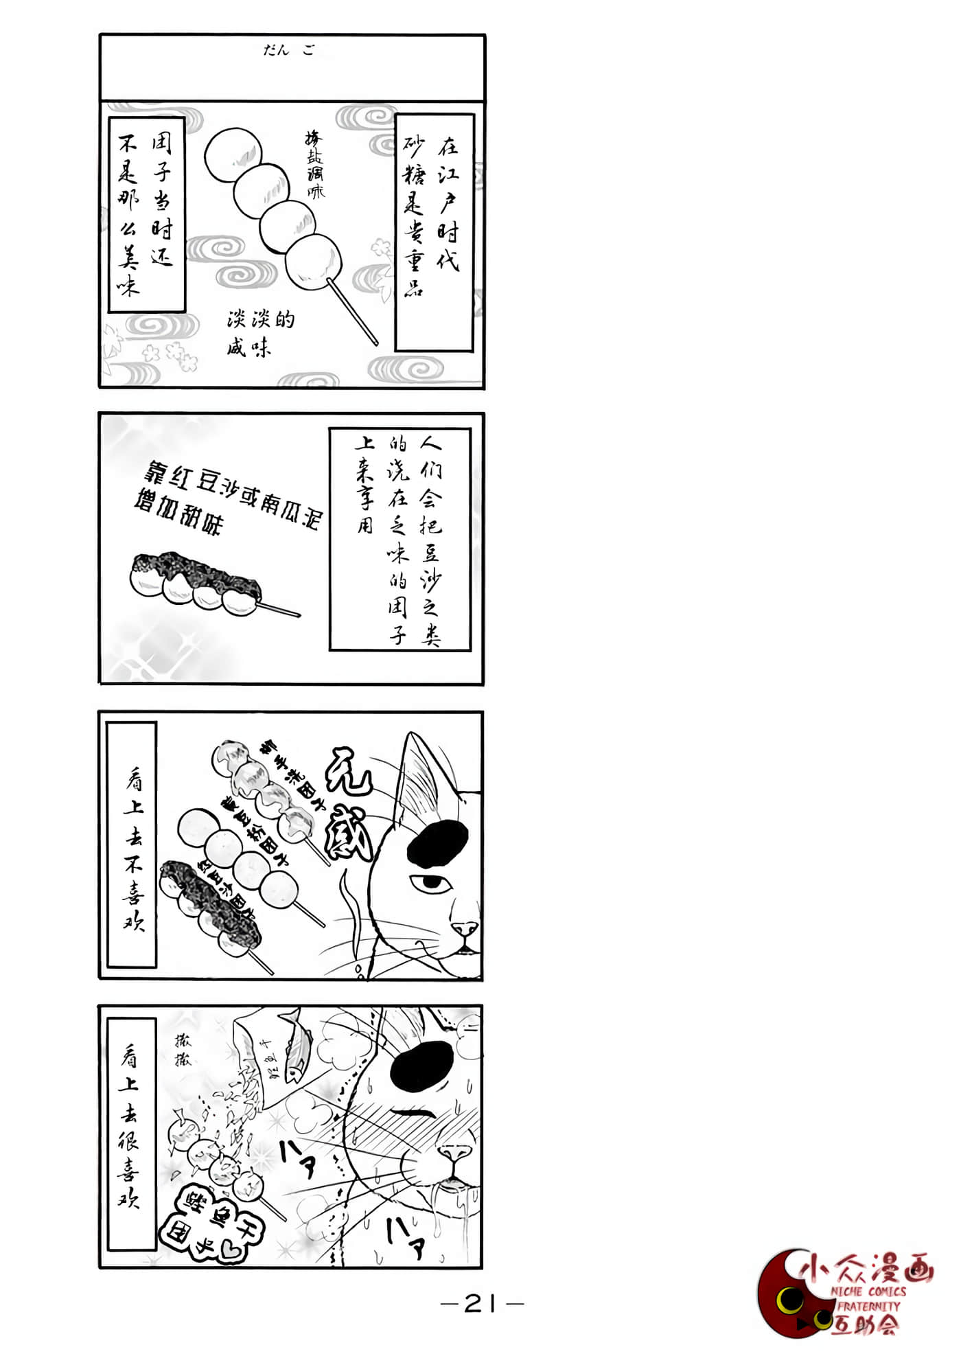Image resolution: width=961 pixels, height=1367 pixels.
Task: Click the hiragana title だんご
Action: (x=289, y=50)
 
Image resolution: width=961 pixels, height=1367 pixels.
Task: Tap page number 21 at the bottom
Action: (x=481, y=1302)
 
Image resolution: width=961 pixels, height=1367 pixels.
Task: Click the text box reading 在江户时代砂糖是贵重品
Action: (x=434, y=232)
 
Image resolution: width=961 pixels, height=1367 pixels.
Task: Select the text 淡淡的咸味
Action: (x=260, y=333)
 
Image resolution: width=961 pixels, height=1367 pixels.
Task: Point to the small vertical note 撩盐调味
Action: (x=314, y=165)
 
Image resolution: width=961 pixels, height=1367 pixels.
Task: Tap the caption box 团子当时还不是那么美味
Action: (x=147, y=214)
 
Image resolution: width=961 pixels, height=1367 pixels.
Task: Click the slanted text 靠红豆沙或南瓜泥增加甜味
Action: (x=227, y=497)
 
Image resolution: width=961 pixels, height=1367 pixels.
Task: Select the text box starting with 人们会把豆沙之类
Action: (x=400, y=539)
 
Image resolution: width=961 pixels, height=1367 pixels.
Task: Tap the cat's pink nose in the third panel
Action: (x=465, y=928)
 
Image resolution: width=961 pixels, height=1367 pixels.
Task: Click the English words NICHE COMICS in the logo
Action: (x=868, y=1291)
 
